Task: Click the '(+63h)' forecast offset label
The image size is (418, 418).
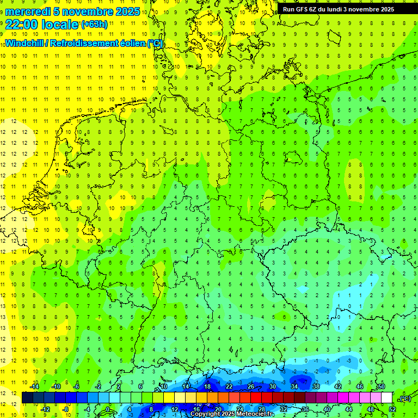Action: click(x=94, y=24)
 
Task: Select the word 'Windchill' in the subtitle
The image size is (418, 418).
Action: click(x=24, y=43)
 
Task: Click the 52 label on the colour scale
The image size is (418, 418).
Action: click(x=392, y=409)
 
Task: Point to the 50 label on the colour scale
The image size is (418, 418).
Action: click(x=382, y=386)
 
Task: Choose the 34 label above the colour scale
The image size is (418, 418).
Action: click(x=294, y=386)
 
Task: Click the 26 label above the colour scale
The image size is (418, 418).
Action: click(x=251, y=386)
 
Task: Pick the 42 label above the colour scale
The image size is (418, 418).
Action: click(x=338, y=386)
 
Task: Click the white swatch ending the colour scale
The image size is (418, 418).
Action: click(x=387, y=398)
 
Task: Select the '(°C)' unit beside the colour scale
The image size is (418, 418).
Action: click(x=405, y=398)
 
